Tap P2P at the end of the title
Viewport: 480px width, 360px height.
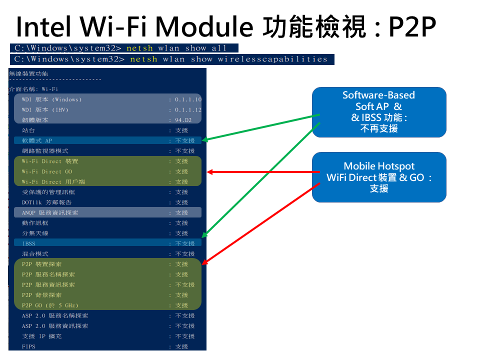(412, 27)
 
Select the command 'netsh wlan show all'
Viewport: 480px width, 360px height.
(176, 48)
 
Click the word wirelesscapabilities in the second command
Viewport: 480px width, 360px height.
(272, 59)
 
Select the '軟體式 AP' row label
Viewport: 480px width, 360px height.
(37, 140)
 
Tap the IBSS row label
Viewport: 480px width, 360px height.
(28, 243)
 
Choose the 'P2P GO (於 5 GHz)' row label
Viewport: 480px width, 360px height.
(50, 305)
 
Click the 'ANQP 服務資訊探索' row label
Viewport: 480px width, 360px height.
(50, 212)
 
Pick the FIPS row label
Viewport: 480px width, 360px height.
(28, 346)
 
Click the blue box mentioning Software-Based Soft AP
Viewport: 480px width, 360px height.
(379, 112)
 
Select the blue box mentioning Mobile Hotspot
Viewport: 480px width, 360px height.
(379, 177)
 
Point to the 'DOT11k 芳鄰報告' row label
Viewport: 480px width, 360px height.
(46, 202)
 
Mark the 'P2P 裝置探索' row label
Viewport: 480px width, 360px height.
(42, 264)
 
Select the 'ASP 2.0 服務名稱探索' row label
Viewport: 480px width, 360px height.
(55, 315)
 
